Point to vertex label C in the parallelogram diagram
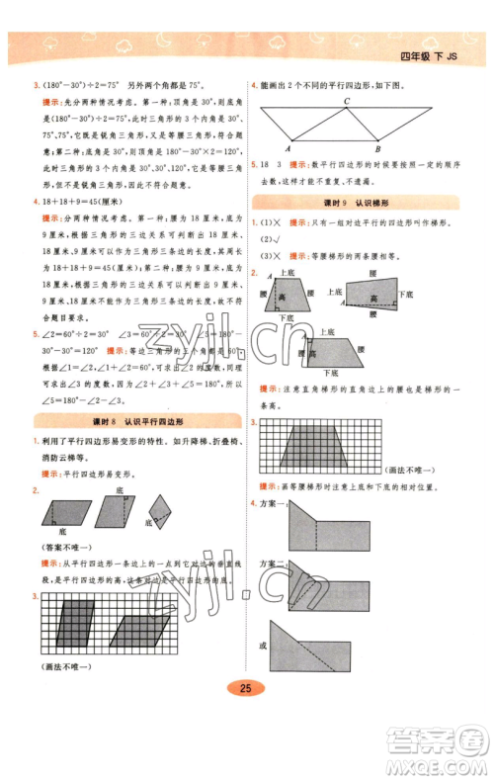click(346, 101)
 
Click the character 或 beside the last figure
click(263, 646)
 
